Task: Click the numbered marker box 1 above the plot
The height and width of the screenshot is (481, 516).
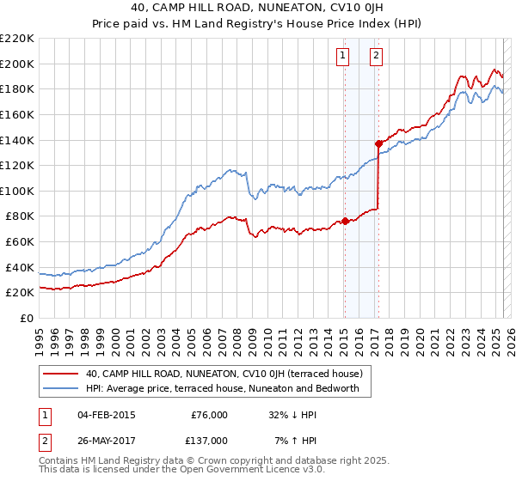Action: (x=343, y=57)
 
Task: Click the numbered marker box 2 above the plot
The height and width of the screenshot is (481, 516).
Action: (x=377, y=57)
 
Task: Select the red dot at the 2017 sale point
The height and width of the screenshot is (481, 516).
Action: (x=378, y=143)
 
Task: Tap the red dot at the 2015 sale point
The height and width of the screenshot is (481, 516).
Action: (x=344, y=221)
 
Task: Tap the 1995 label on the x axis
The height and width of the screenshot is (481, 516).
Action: (x=39, y=337)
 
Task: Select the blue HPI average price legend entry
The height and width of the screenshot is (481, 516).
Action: (x=228, y=389)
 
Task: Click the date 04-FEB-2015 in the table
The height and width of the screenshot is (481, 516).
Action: (x=106, y=415)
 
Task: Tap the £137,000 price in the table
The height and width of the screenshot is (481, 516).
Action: (x=210, y=440)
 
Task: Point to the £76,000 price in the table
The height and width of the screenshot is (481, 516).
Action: (x=210, y=415)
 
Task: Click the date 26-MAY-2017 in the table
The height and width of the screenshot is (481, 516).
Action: (x=107, y=440)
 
